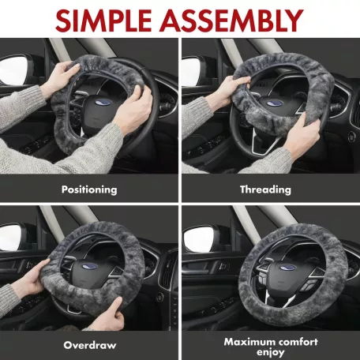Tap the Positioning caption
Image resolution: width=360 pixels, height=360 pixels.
point(89,189)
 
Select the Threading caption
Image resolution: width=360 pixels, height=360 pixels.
point(265,189)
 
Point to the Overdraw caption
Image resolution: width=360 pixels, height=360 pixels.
point(90,345)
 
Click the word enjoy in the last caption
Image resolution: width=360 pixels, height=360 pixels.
point(271,352)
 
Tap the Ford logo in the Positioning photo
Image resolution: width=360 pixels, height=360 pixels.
point(103,102)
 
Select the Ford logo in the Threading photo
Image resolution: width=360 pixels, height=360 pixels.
point(275,103)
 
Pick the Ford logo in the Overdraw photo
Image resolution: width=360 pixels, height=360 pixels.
point(90,266)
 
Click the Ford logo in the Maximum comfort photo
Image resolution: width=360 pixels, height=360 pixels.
point(287,268)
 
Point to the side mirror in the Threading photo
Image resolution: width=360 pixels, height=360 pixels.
point(192,71)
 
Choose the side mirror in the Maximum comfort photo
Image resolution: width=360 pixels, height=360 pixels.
point(200,240)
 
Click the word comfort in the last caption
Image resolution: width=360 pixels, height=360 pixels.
point(298,342)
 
